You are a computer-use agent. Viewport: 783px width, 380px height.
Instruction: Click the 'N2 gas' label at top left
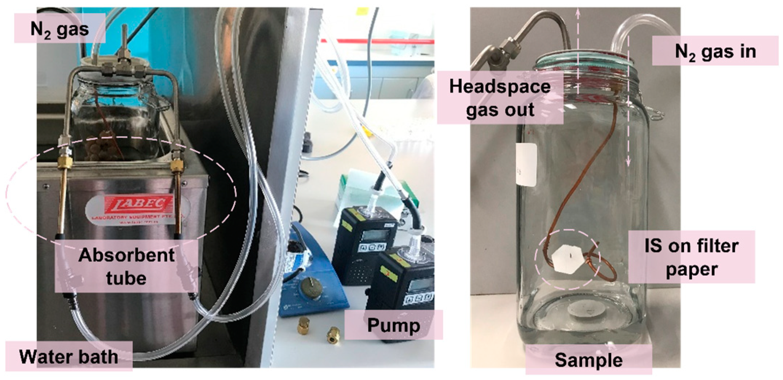click(x=59, y=28)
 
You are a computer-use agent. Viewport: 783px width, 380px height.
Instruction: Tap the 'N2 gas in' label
click(x=715, y=51)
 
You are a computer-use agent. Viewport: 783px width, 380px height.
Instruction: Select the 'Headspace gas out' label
click(x=500, y=98)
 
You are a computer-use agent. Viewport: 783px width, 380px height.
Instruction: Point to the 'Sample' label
click(x=588, y=360)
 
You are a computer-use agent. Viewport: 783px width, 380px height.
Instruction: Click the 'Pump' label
click(x=393, y=325)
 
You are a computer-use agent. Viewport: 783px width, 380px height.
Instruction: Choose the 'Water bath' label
click(x=68, y=356)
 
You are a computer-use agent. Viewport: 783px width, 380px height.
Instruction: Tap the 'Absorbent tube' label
click(x=126, y=266)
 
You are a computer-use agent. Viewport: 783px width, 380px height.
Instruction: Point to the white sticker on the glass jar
click(x=526, y=165)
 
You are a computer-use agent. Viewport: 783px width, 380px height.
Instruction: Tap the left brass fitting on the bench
click(x=304, y=325)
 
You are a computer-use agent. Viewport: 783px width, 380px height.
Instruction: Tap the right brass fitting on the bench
click(x=333, y=334)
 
